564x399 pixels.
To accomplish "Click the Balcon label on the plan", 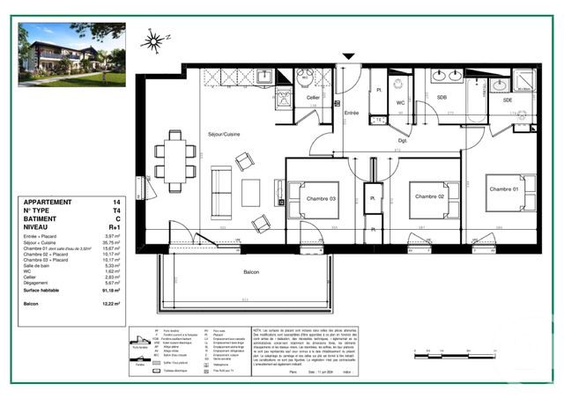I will click(x=250, y=272).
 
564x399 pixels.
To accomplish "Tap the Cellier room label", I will click(x=312, y=97).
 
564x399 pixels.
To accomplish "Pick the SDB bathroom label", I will click(x=442, y=97).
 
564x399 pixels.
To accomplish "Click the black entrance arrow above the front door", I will click(x=350, y=57).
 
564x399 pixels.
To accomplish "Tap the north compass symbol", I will click(x=153, y=40).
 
